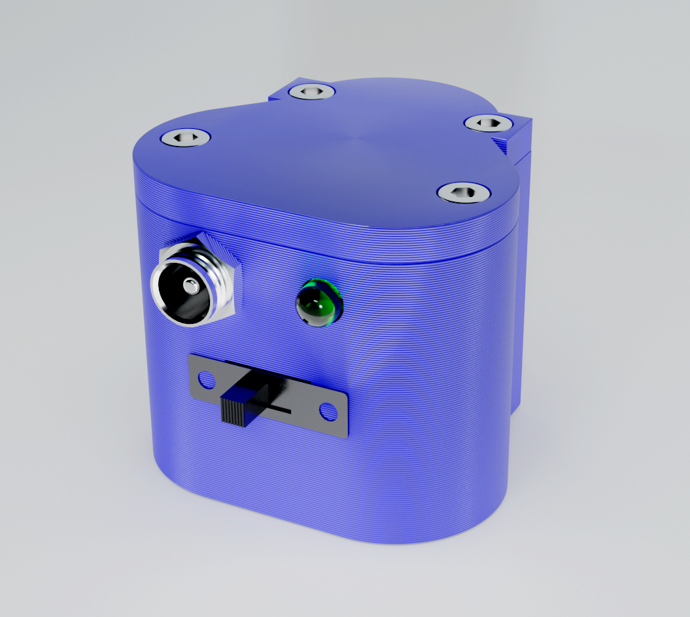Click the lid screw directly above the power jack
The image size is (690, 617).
[x=186, y=137]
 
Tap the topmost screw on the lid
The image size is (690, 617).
[x=311, y=91]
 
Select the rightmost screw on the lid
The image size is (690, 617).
[x=487, y=122]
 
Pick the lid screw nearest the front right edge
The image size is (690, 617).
[x=464, y=192]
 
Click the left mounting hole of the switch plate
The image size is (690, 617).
[x=206, y=379]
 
